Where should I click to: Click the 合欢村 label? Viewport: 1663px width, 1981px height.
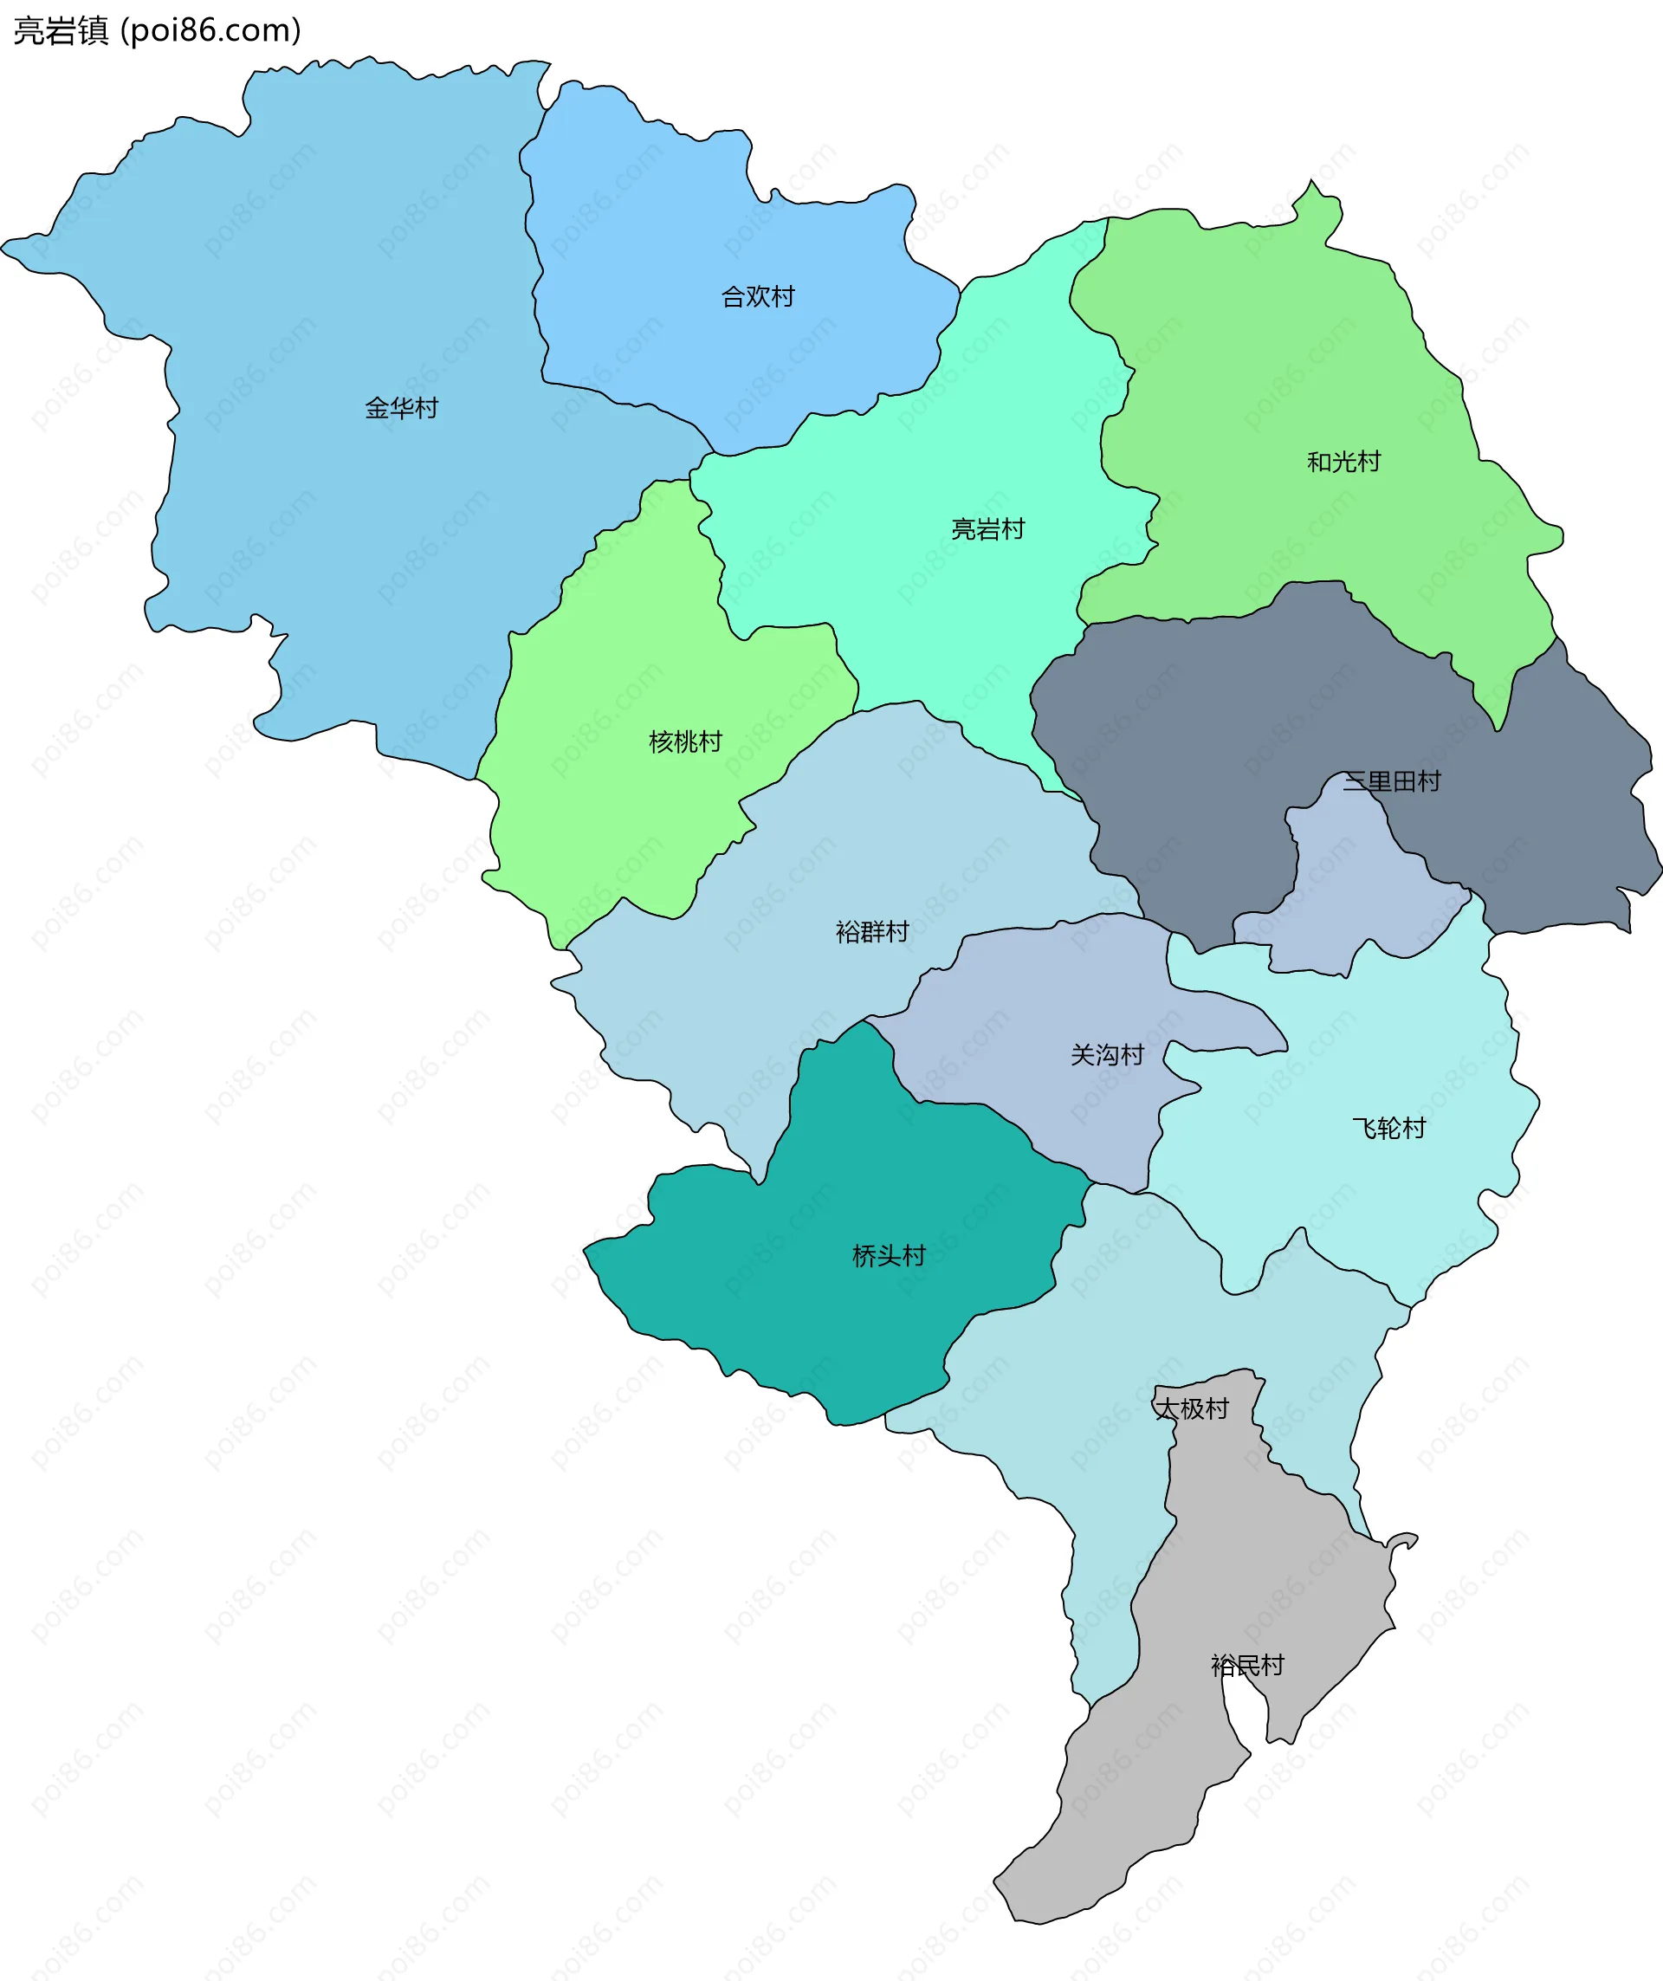tap(758, 297)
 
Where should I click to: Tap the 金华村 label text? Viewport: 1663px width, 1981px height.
tap(402, 409)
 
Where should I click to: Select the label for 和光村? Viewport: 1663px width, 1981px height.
tap(1343, 463)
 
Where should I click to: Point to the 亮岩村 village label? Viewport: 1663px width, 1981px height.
tap(987, 530)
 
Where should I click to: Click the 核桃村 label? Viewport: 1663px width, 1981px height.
tap(686, 742)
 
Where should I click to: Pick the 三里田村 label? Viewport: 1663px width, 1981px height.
tap(1391, 782)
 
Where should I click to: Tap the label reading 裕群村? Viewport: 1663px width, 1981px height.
tap(872, 933)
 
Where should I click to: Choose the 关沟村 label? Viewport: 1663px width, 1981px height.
tap(1108, 1056)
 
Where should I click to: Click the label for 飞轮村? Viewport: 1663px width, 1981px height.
tap(1388, 1130)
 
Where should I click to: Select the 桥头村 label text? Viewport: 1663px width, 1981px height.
tap(889, 1257)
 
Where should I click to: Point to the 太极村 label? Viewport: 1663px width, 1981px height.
tap(1193, 1409)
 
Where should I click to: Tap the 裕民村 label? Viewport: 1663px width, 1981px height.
tap(1247, 1666)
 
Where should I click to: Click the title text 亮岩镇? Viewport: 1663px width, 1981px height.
tap(61, 31)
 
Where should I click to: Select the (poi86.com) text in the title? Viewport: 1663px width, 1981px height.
tap(211, 31)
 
